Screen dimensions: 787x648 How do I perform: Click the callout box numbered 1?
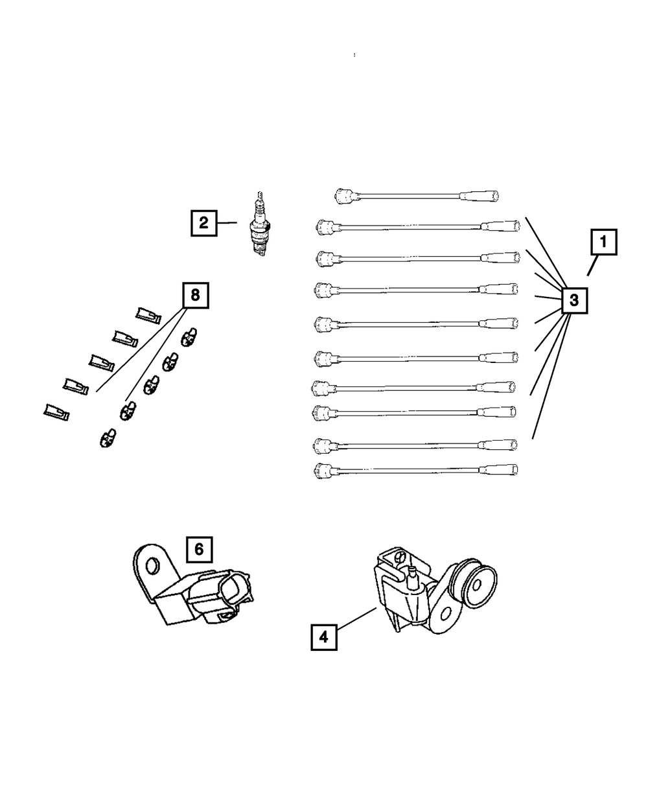tap(603, 243)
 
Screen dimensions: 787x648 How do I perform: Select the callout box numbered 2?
tap(203, 224)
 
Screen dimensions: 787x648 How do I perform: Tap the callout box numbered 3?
tap(573, 300)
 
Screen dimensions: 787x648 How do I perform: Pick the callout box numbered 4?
tap(324, 637)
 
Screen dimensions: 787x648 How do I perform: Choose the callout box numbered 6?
tap(199, 549)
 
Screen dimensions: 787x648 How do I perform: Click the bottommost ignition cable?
tap(415, 469)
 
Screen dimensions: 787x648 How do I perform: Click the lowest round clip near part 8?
tap(108, 439)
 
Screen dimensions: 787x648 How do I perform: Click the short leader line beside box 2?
tap(227, 224)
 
